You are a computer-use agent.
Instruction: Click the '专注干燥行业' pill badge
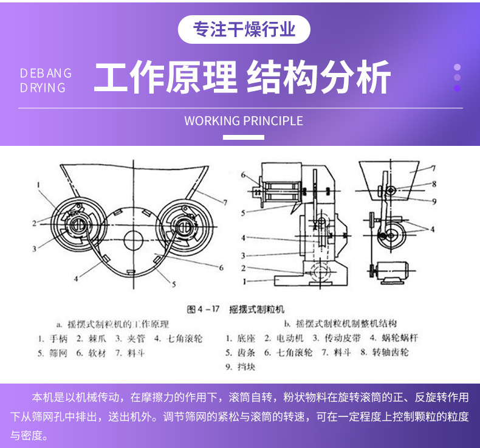[244, 29]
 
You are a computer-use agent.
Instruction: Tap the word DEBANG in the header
[46, 73]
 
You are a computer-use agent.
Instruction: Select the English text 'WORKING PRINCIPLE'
[243, 120]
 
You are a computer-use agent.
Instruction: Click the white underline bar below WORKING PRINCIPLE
[243, 137]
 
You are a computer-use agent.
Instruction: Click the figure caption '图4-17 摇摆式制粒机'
[236, 309]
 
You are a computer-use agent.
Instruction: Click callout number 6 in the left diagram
[221, 267]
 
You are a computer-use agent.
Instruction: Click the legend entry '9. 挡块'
[239, 367]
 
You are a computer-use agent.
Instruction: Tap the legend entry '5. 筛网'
[50, 353]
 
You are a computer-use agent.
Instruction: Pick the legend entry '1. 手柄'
[52, 338]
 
